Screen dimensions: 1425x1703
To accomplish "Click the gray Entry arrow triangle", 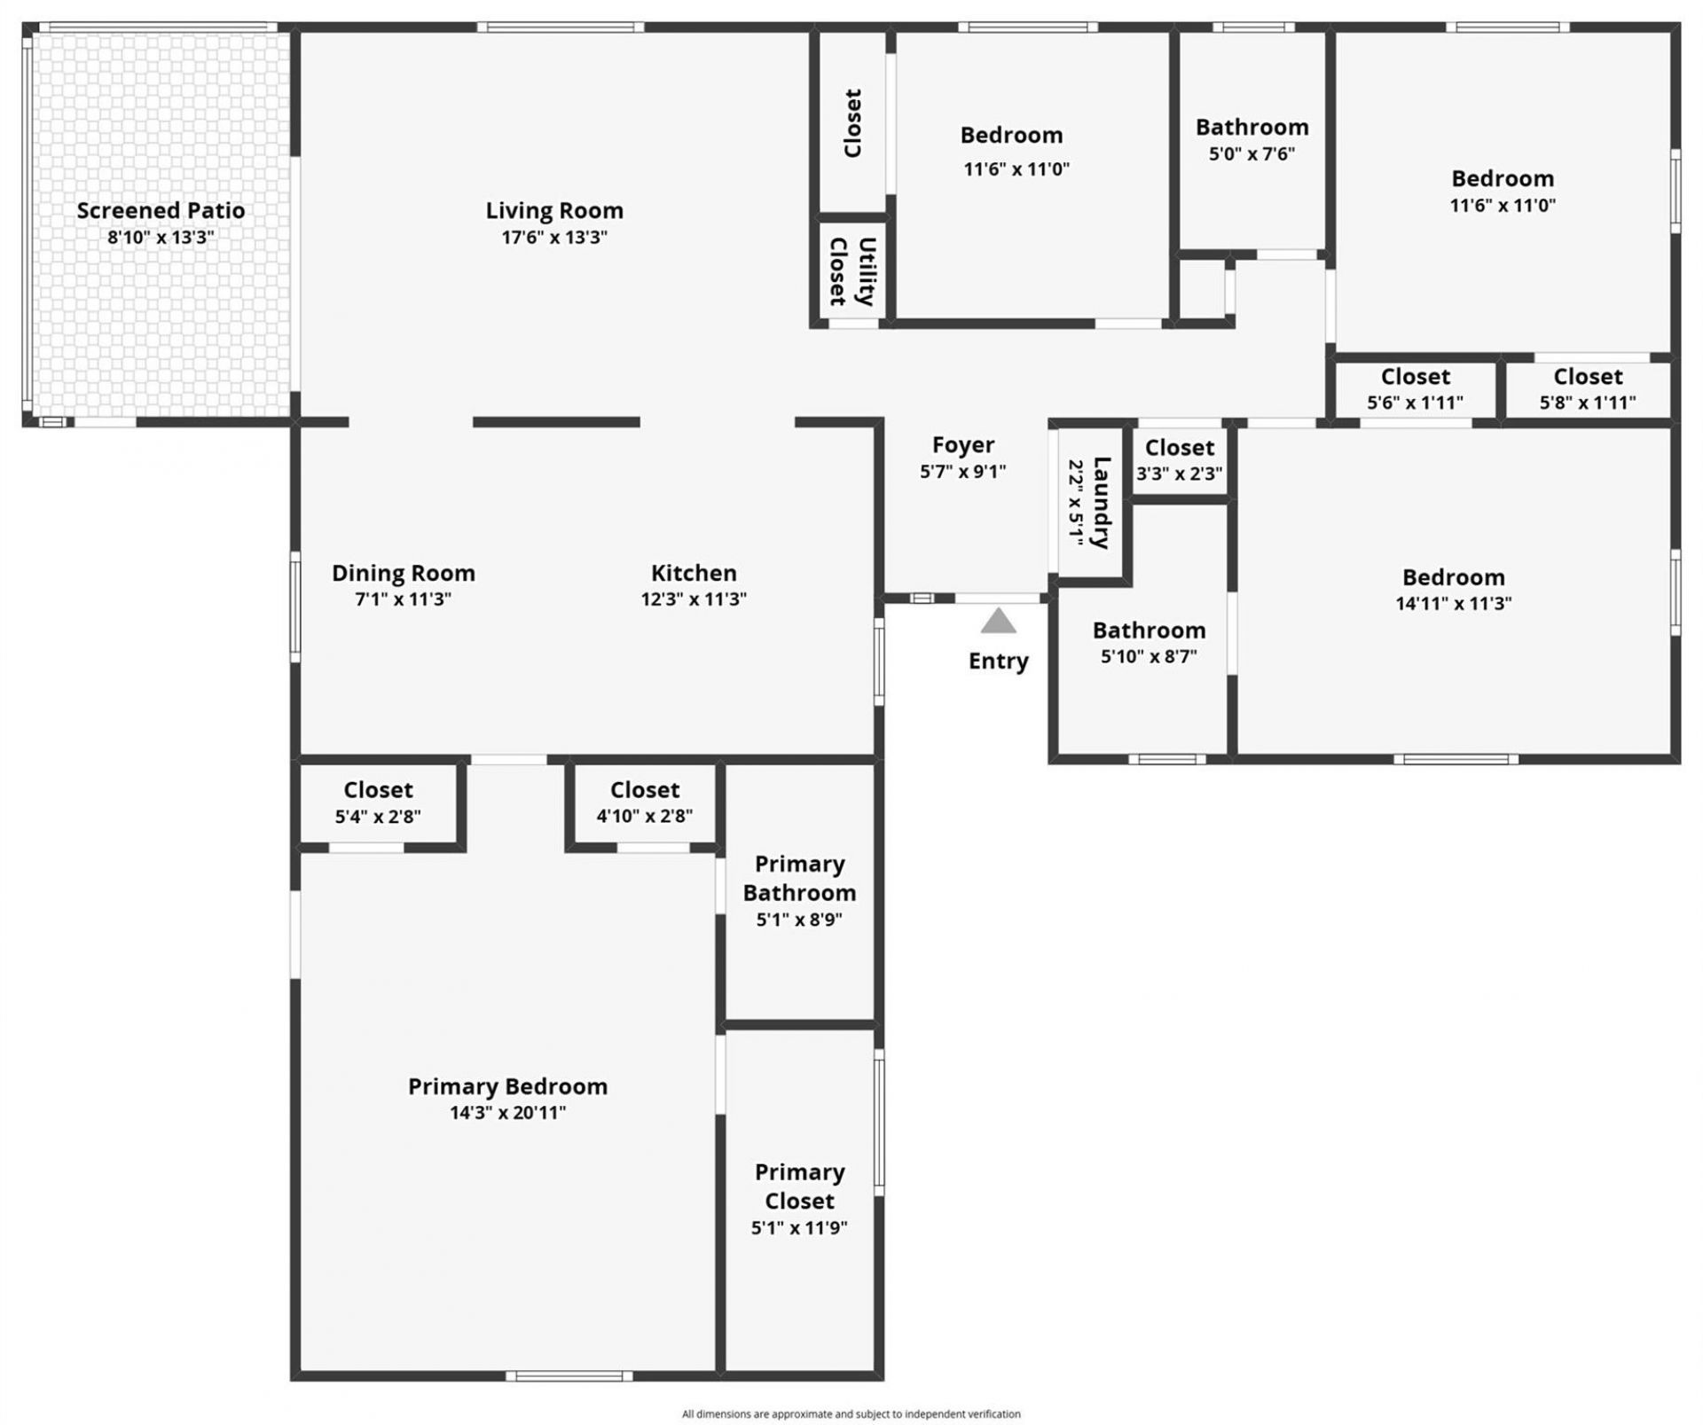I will (x=998, y=621).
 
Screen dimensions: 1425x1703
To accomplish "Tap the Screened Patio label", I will (x=161, y=211).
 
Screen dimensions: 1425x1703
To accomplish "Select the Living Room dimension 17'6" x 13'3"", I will (x=554, y=238).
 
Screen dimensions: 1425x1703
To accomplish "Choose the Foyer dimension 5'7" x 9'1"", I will (x=962, y=472).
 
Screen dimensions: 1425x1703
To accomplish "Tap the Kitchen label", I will (x=694, y=573).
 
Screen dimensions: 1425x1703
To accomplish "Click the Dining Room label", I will (x=404, y=573).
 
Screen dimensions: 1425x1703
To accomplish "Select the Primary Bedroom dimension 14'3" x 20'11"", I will (x=507, y=1113).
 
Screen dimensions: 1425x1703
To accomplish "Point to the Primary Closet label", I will (x=799, y=1186).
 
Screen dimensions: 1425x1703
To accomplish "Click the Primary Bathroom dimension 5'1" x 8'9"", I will (x=799, y=920).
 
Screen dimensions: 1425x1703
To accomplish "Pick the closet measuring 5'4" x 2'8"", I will (x=378, y=803).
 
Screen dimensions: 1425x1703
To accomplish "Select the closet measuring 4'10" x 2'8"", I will (x=644, y=803).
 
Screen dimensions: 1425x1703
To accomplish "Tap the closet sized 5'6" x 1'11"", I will (x=1415, y=389).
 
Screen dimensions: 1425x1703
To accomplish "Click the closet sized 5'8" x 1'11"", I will (x=1588, y=389).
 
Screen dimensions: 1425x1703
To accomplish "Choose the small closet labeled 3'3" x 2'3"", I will (x=1180, y=460).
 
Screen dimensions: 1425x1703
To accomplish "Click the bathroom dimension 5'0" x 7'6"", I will (x=1252, y=154).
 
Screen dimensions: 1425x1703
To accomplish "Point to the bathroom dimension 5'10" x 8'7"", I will (x=1149, y=657).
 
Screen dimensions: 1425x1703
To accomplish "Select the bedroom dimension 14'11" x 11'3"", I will (x=1453, y=604).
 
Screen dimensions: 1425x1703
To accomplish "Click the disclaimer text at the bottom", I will (x=851, y=1414).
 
